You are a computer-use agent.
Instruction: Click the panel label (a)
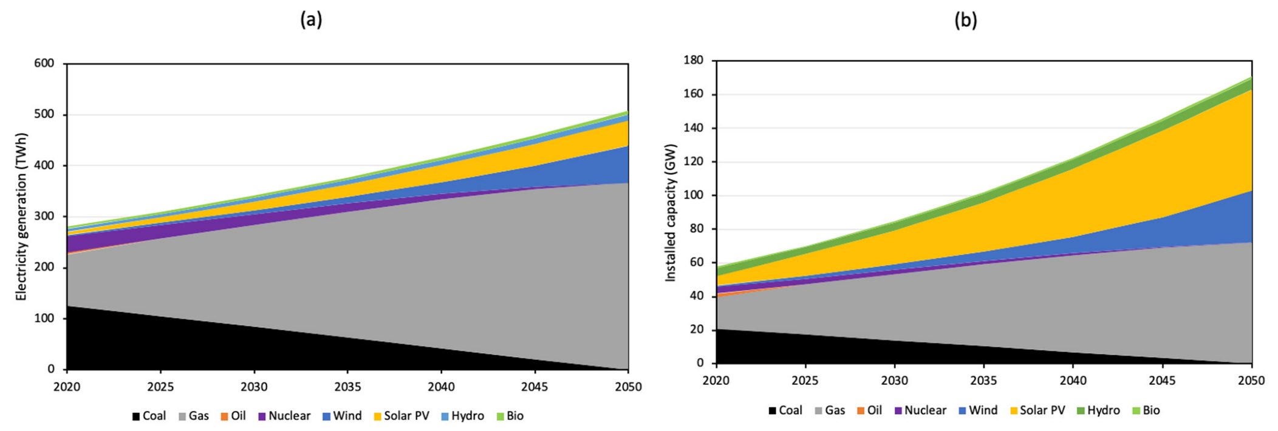point(311,20)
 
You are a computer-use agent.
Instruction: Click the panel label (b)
point(965,20)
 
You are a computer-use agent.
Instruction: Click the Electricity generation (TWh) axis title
point(21,217)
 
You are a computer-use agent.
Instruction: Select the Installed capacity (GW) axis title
point(670,213)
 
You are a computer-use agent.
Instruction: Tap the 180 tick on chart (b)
point(693,60)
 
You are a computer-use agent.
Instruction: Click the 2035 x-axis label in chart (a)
point(347,387)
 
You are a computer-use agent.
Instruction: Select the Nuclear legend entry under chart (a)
point(284,416)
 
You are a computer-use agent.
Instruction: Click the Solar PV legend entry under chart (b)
point(1037,410)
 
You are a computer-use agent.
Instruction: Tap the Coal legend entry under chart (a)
point(149,416)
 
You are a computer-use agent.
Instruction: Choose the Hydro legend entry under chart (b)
point(1098,410)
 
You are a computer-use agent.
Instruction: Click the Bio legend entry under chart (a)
point(510,416)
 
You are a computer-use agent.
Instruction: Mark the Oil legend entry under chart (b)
point(869,410)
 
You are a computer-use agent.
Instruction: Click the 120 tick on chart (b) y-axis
point(693,161)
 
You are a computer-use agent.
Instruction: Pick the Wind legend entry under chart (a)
point(342,416)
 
